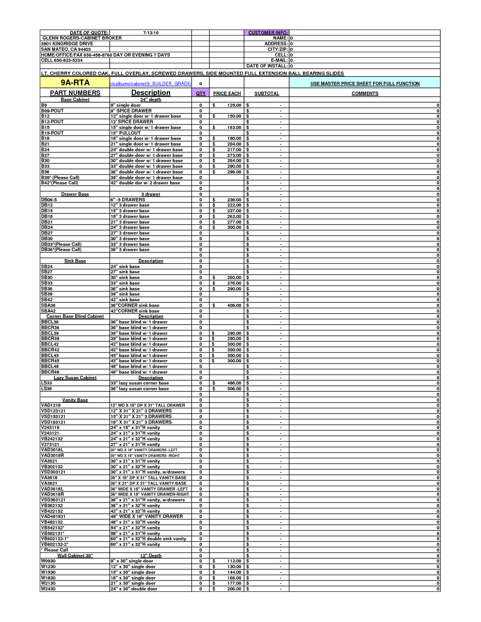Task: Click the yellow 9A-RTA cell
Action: point(75,83)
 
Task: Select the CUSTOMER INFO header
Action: point(268,33)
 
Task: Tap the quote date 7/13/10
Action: point(151,33)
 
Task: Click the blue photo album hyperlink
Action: point(151,84)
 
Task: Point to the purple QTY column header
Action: point(200,93)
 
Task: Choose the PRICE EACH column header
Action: point(227,93)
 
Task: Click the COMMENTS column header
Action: point(364,93)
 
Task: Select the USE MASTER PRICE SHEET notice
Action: point(364,84)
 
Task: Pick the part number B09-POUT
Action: point(52,111)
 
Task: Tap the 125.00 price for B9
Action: point(234,105)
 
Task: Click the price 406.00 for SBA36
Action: point(234,305)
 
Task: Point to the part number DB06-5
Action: point(49,200)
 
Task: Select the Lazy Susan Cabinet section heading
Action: point(75,378)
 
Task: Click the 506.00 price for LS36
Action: point(234,389)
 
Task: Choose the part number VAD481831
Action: point(53,516)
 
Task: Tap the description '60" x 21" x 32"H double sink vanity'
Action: point(148,539)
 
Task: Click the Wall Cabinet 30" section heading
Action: point(75,556)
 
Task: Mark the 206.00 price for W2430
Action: point(234,589)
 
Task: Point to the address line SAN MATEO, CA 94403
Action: point(66,49)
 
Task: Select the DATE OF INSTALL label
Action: point(267,66)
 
